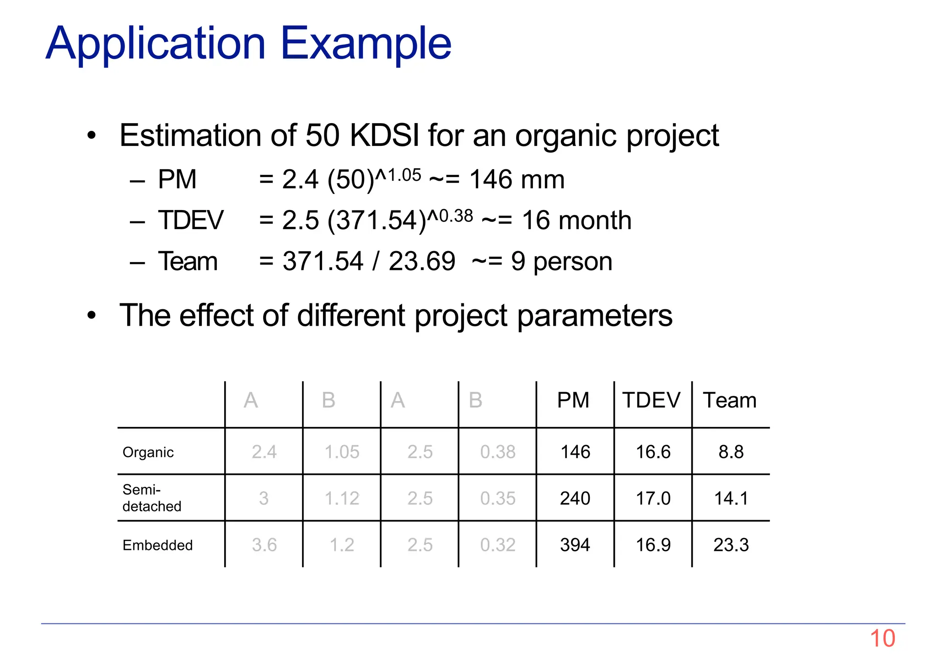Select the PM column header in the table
pos(573,400)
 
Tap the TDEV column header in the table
pos(651,400)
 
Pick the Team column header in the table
pos(730,400)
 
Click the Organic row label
pos(148,452)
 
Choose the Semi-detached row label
pos(152,498)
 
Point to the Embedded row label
pos(157,545)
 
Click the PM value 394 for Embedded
pos(575,545)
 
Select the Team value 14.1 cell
pos(731,498)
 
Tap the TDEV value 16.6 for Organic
pos(653,452)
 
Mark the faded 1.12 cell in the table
pos(342,498)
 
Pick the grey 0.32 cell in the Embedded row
pos(498,545)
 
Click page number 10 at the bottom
pos(882,638)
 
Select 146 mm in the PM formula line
pos(517,179)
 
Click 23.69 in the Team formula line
pos(422,261)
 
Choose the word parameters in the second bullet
pos(595,316)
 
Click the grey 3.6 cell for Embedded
pos(264,545)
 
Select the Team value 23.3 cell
pos(731,545)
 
